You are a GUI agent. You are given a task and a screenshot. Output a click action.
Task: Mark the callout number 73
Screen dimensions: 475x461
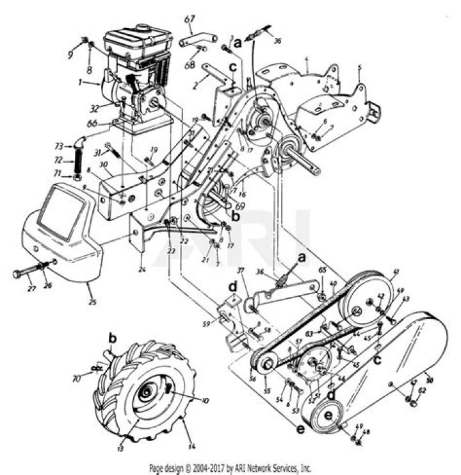[x=58, y=146]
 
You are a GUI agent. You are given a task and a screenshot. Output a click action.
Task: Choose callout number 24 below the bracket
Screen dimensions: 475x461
[x=143, y=270]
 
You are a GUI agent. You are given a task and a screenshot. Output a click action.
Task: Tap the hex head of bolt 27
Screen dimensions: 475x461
[x=17, y=274]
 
